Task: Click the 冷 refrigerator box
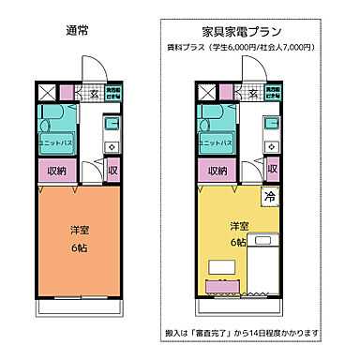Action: [270, 198]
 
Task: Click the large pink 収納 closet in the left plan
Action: [54, 171]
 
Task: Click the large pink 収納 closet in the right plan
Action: [217, 171]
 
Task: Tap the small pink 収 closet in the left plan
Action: [112, 171]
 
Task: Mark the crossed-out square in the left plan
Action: [47, 92]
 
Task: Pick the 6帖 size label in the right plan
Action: [239, 243]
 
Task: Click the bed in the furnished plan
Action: [266, 258]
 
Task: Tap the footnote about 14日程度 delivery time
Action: [259, 332]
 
